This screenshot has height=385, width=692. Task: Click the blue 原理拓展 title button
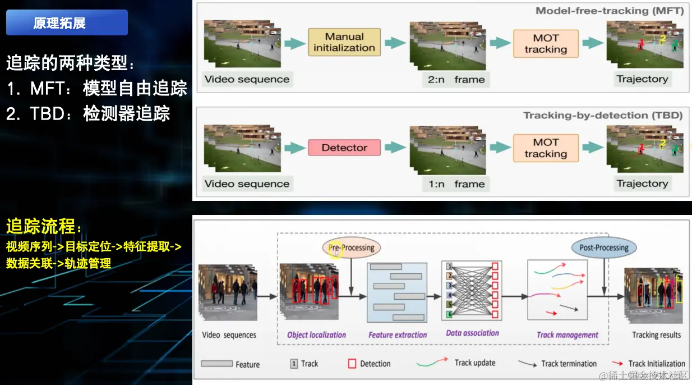[67, 23]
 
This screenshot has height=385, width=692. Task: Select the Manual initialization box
[344, 42]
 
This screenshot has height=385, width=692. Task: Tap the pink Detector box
[344, 148]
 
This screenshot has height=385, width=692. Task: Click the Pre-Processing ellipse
[351, 247]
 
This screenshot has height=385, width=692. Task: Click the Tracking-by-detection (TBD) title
[602, 116]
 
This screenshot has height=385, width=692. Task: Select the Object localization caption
[316, 335]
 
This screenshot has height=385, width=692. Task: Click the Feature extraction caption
[398, 335]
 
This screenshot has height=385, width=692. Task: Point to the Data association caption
[472, 333]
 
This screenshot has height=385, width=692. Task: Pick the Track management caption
[568, 335]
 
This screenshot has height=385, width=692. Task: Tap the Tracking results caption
[656, 335]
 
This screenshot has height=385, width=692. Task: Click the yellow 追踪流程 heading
[44, 227]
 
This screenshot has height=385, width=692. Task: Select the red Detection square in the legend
[352, 364]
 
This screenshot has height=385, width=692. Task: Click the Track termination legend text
[569, 364]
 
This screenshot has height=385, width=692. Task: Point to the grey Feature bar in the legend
[216, 364]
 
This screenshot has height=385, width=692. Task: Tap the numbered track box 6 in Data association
[449, 315]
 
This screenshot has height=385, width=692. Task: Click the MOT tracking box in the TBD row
[546, 148]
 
